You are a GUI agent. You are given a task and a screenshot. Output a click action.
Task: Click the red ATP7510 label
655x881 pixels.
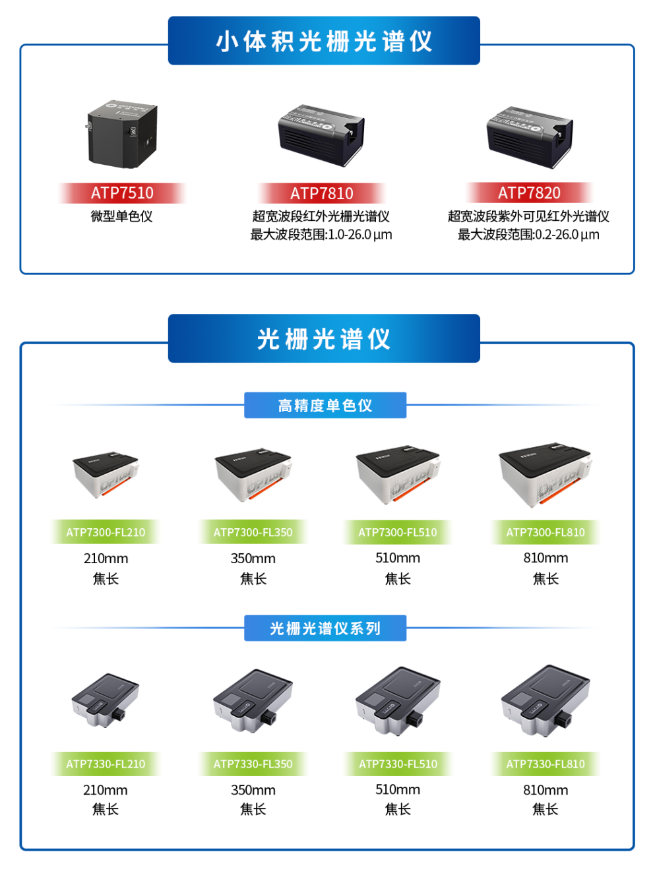coord(122,193)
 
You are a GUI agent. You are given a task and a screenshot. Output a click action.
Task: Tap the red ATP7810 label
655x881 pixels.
coord(321,193)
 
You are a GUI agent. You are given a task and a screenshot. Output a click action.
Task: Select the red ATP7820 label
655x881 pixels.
coord(529,193)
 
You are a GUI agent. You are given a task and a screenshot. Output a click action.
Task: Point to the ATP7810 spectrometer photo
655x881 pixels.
coord(321,135)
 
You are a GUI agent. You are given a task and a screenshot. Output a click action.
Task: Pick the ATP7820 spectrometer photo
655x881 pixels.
coord(530,137)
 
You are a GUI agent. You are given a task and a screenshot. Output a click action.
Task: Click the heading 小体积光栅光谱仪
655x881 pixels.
coord(324,41)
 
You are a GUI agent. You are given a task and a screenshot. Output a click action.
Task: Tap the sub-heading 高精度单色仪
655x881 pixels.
coord(325,406)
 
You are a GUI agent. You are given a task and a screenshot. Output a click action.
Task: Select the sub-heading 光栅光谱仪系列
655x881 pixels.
coord(325,628)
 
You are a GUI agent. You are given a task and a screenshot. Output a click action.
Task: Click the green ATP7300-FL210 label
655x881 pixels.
coord(106,532)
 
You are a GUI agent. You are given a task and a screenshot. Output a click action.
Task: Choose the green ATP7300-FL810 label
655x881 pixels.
coord(546,532)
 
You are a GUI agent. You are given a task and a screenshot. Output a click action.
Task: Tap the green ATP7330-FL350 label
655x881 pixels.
coord(253,764)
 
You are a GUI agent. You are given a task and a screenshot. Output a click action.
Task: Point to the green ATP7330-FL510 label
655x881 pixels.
coord(398,764)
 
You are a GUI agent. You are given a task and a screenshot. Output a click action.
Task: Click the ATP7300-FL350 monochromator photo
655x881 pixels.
coord(253,475)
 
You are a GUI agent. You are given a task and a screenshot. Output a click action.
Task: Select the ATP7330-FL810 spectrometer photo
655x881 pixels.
coord(546,701)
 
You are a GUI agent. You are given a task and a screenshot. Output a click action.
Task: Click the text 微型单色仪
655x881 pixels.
coord(121,216)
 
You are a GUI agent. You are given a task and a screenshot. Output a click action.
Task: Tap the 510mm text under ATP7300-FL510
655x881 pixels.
coord(398,558)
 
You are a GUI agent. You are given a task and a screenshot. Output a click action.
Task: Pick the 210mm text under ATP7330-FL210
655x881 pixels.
coord(106,790)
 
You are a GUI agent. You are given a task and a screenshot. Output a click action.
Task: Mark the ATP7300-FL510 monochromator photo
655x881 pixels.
coord(398,475)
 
